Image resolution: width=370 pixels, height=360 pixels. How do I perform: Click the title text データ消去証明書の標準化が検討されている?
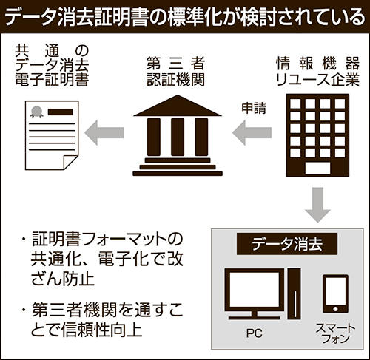coord(184,17)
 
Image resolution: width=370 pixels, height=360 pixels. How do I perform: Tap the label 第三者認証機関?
coord(175,71)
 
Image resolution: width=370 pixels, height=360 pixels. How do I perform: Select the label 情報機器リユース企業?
coord(317,71)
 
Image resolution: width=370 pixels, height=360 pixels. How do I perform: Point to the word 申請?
coord(254,108)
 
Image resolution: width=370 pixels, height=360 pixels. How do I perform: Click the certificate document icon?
coord(52,135)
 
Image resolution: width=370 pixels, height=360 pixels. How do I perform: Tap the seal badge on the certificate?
coord(36,112)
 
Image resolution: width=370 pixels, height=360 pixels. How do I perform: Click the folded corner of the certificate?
coord(71,163)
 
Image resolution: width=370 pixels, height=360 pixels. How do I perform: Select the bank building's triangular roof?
coord(178,106)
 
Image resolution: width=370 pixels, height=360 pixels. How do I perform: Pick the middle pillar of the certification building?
coord(178,137)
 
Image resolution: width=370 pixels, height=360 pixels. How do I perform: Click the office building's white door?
coord(317,169)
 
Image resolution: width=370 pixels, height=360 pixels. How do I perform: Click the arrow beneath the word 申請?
coord(252,133)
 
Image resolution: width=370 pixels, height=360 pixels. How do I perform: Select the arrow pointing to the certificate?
coord(104,133)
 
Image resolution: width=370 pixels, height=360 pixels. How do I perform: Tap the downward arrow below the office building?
coord(317,205)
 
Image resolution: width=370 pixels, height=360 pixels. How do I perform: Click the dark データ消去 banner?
coord(287,244)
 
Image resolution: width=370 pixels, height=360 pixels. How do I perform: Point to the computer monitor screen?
coord(255,289)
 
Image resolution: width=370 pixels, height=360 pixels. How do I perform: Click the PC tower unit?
coord(295,293)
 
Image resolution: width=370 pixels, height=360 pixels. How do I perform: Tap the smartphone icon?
coord(335,293)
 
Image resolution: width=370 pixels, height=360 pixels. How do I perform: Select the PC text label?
coord(254,333)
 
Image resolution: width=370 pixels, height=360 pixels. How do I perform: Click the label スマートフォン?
coord(335,333)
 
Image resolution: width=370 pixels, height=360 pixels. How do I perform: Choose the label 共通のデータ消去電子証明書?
coord(52,65)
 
